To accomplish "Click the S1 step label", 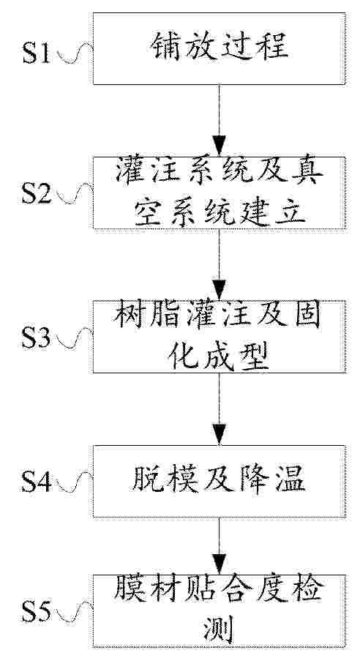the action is pos(37,53).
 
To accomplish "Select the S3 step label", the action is pos(37,338).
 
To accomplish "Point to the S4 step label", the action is pos(37,482).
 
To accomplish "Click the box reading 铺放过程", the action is pos(220,49).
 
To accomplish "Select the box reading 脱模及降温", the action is pos(220,481).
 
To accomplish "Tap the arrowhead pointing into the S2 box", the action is pos(220,145).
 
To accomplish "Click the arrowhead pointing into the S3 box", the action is pos(220,290).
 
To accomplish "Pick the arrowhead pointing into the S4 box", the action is pos(220,434).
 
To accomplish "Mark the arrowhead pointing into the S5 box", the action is pos(220,564).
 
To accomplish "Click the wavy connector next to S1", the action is pos(75,53).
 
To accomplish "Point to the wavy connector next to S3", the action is pos(75,338).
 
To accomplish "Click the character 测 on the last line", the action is pos(220,630).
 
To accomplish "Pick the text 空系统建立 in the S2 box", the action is pos(220,212).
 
